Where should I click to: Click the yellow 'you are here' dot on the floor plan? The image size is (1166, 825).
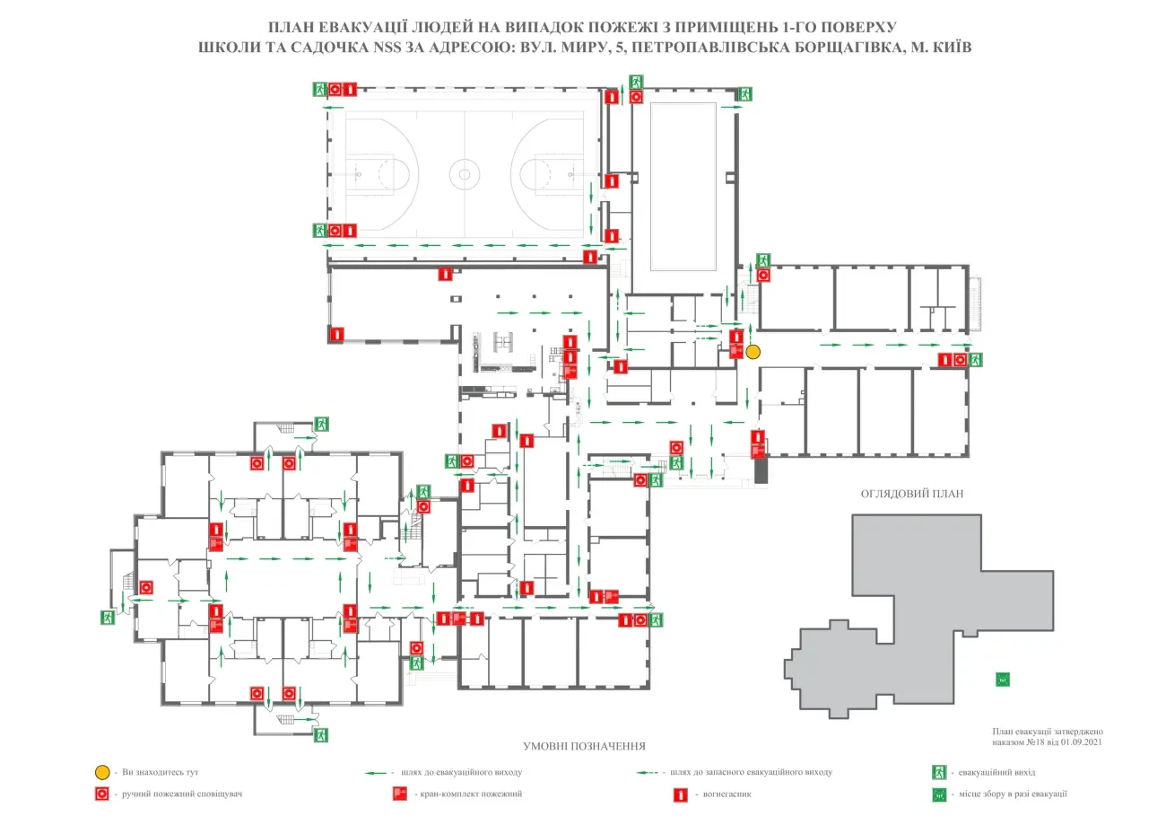753,352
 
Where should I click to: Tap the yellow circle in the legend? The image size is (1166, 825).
102,772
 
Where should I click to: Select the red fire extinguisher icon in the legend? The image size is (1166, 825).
681,794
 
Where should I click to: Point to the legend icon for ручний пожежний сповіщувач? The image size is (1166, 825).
102,794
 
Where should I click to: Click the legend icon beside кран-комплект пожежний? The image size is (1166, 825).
400,794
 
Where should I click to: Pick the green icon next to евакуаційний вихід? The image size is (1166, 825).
939,772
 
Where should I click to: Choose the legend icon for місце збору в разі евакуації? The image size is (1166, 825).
939,794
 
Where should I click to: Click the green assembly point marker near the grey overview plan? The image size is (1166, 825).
1003,680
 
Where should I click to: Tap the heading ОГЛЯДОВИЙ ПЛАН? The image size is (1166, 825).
912,494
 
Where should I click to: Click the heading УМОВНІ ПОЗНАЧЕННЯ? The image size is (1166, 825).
584,746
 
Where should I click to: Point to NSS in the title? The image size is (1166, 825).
387,48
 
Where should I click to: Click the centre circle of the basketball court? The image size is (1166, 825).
465,174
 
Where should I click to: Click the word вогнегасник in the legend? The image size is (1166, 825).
727,794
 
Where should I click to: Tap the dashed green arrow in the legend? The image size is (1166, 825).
647,773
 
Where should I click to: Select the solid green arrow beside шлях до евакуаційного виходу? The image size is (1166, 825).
375,773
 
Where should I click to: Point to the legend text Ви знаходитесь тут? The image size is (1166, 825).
161,772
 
